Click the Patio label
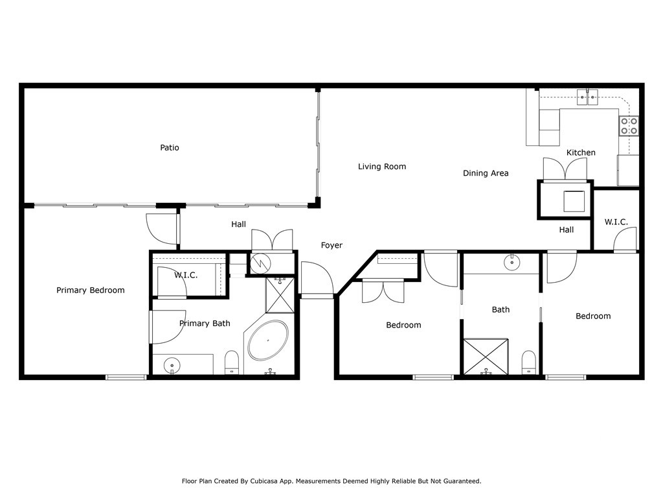pos(170,148)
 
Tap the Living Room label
pos(382,167)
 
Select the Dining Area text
pos(486,172)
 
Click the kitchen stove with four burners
pos(629,126)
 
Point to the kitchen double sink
pos(588,97)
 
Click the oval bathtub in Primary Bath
pos(268,340)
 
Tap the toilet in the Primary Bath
pos(232,362)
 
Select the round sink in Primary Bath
pos(172,364)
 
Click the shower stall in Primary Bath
pos(280,295)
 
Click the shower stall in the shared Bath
pos(486,357)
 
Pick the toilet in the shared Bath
pos(528,362)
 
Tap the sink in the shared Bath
pos(512,263)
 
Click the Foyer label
pos(331,245)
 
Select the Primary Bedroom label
pos(91,290)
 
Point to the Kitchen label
pos(581,152)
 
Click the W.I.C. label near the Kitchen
pos(616,222)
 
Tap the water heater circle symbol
pos(259,264)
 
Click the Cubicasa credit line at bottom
pos(331,481)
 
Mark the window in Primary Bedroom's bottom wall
pos(126,377)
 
